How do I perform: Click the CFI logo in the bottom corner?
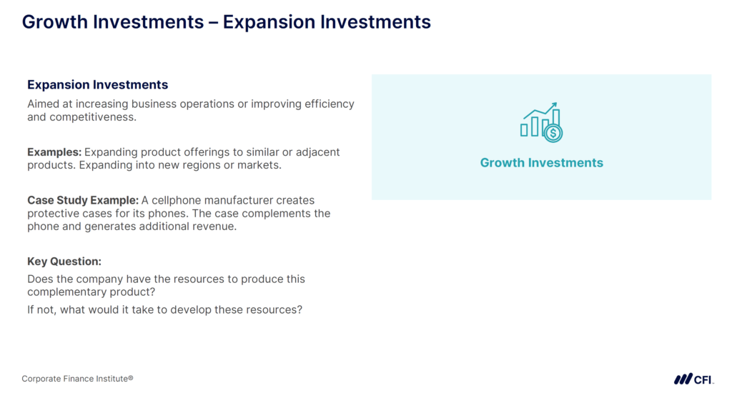[693, 379]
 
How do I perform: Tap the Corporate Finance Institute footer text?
[77, 379]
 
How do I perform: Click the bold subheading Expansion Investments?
[97, 85]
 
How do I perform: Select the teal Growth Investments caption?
[541, 163]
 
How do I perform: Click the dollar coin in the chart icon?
[553, 133]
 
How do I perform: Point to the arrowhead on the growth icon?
[554, 106]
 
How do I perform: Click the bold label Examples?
[54, 152]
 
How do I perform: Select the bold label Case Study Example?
[82, 200]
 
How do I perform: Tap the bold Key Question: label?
[64, 262]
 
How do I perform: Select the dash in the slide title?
[213, 22]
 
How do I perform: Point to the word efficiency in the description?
[328, 104]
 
